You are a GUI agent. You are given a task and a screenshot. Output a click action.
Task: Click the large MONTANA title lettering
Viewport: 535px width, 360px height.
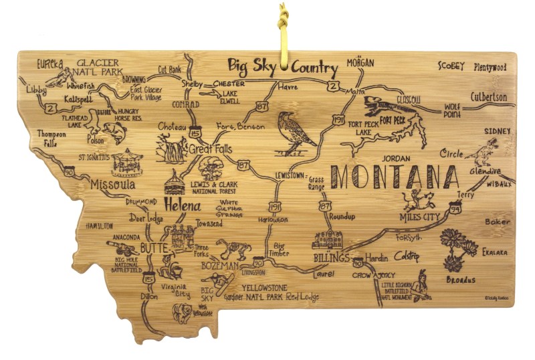[396, 177]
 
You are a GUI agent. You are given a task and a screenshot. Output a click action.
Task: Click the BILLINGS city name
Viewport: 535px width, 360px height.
[331, 258]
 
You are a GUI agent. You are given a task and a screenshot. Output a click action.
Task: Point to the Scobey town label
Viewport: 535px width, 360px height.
[451, 66]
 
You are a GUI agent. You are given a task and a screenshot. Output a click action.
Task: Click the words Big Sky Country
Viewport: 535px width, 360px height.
[282, 67]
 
